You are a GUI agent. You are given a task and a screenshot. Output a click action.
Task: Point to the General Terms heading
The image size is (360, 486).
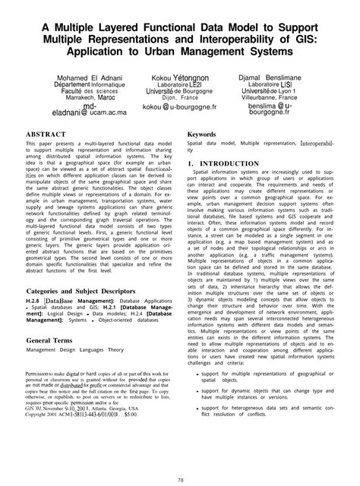[x=54, y=341]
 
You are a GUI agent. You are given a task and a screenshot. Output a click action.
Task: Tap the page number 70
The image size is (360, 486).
[x=180, y=478]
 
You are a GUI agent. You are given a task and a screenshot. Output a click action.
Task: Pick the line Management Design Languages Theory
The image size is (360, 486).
[x=74, y=351]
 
